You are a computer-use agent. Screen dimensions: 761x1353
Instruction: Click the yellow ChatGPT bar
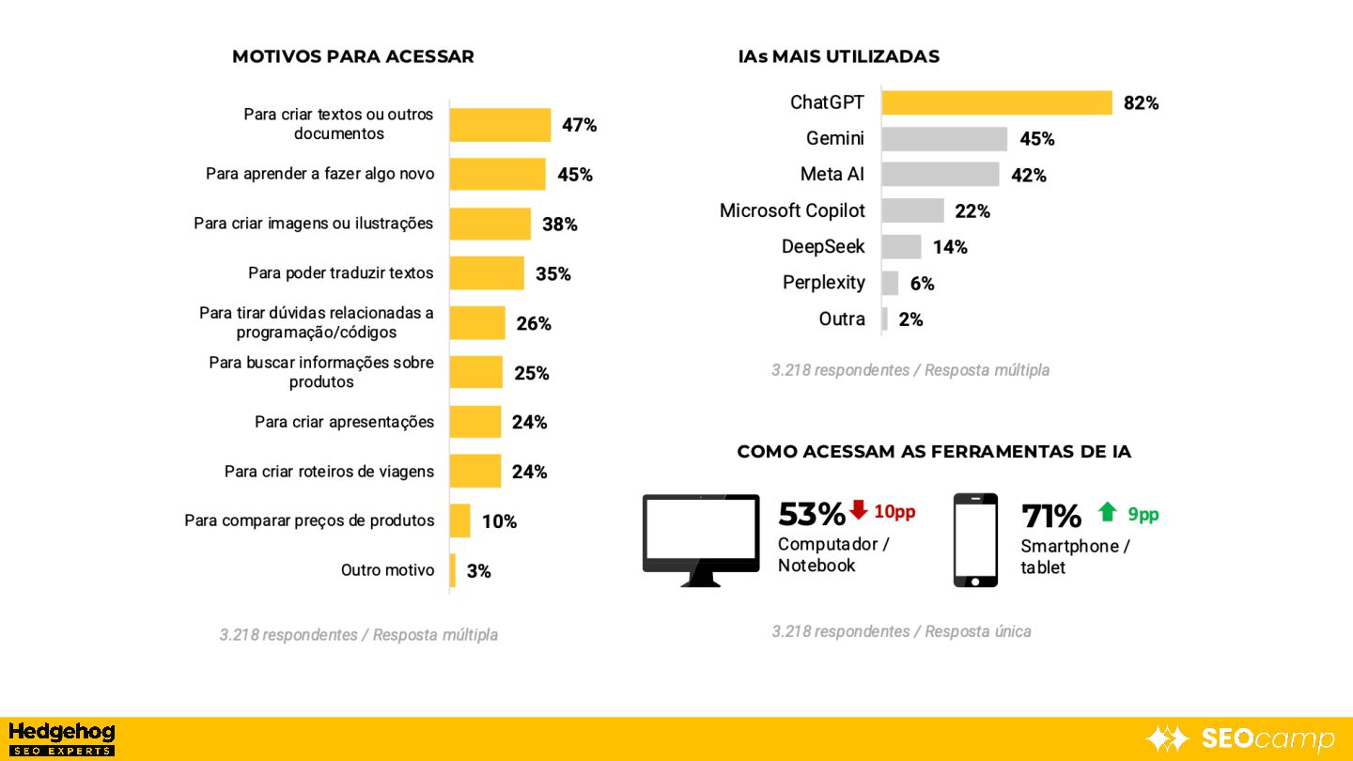[996, 102]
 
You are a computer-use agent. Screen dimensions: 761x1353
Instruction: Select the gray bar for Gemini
[944, 139]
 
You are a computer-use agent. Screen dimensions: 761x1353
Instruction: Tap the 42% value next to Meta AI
[1028, 176]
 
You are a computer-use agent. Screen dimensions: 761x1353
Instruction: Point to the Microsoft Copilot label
[792, 210]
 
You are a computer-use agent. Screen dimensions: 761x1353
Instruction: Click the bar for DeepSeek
[901, 247]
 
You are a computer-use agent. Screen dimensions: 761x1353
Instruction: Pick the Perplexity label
[823, 283]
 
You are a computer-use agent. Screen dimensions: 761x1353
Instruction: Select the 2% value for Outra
[910, 319]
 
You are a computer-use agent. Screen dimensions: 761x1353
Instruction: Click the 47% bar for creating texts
[500, 125]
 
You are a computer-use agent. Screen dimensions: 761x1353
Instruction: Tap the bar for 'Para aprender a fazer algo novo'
[497, 175]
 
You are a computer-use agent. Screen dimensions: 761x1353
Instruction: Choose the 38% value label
[559, 225]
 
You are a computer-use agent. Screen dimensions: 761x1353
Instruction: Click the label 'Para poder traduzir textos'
[340, 273]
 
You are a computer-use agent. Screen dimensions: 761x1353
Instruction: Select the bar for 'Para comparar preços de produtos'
[459, 520]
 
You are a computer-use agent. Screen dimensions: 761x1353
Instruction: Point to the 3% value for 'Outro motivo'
[478, 571]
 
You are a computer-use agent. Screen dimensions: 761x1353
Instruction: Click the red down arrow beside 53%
[858, 510]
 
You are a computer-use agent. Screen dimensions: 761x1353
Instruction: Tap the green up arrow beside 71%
[1108, 512]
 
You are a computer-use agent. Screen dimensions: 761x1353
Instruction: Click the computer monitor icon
[701, 539]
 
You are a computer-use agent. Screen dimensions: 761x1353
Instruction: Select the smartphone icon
[975, 540]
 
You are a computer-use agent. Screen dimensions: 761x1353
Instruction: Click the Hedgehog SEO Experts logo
[61, 738]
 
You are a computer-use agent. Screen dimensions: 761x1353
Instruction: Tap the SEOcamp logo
[1240, 738]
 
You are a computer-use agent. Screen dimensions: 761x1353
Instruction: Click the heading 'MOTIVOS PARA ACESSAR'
[352, 56]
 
